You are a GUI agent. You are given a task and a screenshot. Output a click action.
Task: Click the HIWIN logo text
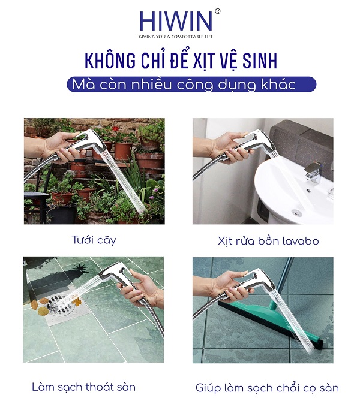(x=176, y=21)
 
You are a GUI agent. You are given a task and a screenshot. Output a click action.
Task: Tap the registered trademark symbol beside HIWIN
(x=217, y=11)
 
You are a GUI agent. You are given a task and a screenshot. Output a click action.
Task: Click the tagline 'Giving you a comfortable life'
(x=176, y=37)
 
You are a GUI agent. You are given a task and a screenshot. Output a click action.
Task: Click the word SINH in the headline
(x=259, y=61)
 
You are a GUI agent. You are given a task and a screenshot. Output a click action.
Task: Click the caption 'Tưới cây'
(x=94, y=240)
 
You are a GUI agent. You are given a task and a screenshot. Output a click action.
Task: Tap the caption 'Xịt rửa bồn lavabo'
(x=268, y=241)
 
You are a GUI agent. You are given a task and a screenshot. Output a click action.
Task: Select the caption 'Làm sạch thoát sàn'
(x=84, y=387)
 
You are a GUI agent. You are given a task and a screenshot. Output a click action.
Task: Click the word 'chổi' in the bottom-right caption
(x=290, y=388)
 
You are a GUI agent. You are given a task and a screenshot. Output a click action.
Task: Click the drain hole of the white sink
(x=296, y=212)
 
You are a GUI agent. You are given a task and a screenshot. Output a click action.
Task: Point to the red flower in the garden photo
(x=116, y=129)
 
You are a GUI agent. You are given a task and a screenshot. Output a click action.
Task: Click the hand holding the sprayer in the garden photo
(x=62, y=147)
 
